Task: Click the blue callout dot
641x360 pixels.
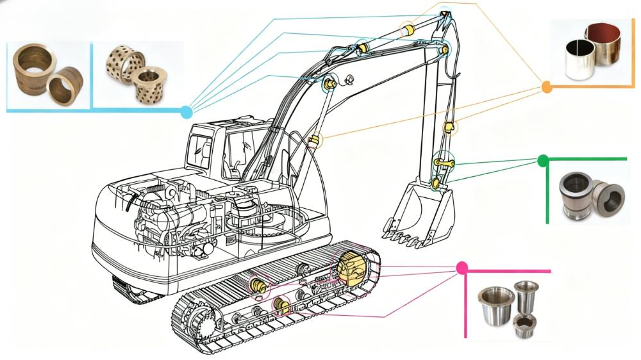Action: pyautogui.click(x=187, y=112)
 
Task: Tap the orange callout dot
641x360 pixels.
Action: pyautogui.click(x=547, y=87)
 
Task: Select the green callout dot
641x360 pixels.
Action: pyautogui.click(x=543, y=160)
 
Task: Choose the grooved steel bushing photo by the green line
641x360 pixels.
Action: pyautogui.click(x=587, y=195)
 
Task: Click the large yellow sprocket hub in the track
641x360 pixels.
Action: pyautogui.click(x=352, y=267)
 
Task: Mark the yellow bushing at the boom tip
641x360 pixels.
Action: pyautogui.click(x=407, y=29)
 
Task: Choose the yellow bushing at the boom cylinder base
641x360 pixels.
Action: pyautogui.click(x=315, y=140)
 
